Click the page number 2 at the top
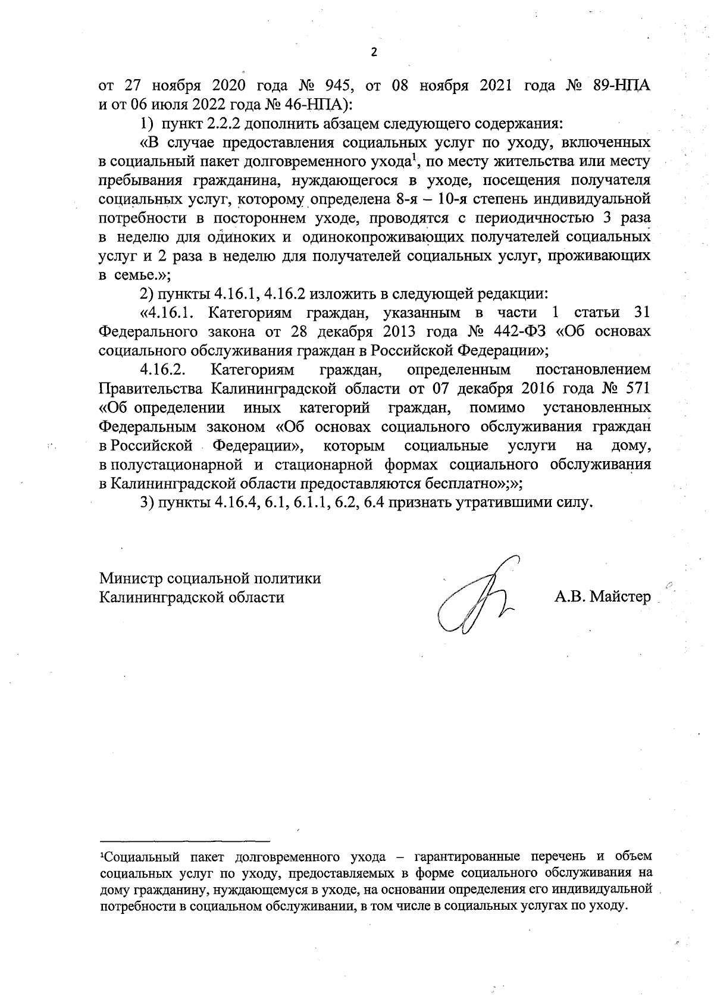[374, 53]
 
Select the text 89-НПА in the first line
[622, 87]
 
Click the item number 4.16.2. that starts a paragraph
[164, 370]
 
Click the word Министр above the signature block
[131, 578]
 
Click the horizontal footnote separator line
[185, 841]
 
